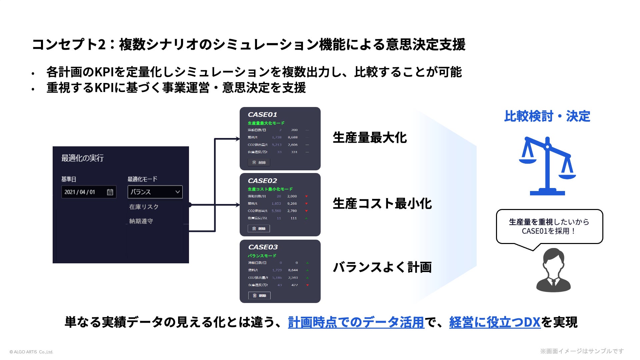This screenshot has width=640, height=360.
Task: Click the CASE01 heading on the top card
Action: [x=262, y=115]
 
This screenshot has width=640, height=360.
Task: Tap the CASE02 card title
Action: [x=262, y=181]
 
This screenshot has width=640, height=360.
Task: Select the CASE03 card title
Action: [x=263, y=247]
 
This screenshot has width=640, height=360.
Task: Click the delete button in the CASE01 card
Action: [x=259, y=162]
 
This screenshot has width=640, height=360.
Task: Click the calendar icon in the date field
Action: [x=110, y=192]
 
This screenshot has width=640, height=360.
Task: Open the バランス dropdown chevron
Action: [x=177, y=192]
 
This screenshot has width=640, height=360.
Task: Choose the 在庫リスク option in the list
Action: [x=144, y=207]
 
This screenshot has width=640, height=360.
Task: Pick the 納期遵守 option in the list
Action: [x=141, y=221]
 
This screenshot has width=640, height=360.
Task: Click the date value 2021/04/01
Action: [x=80, y=192]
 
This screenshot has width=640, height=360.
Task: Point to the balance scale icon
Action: [x=547, y=166]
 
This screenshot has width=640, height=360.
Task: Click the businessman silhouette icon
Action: [x=553, y=270]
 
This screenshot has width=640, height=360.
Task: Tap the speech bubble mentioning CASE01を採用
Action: [x=549, y=226]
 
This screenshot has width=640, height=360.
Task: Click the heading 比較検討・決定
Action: [x=547, y=116]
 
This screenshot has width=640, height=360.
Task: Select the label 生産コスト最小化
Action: [x=382, y=203]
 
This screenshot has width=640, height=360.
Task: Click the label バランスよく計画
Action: [x=382, y=267]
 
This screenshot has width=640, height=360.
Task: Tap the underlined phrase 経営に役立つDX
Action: [x=494, y=322]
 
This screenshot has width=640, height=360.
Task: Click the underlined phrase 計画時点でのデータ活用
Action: [x=356, y=322]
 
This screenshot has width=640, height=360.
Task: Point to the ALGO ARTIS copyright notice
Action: [x=31, y=352]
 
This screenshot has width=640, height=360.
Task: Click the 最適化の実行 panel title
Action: [x=82, y=158]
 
